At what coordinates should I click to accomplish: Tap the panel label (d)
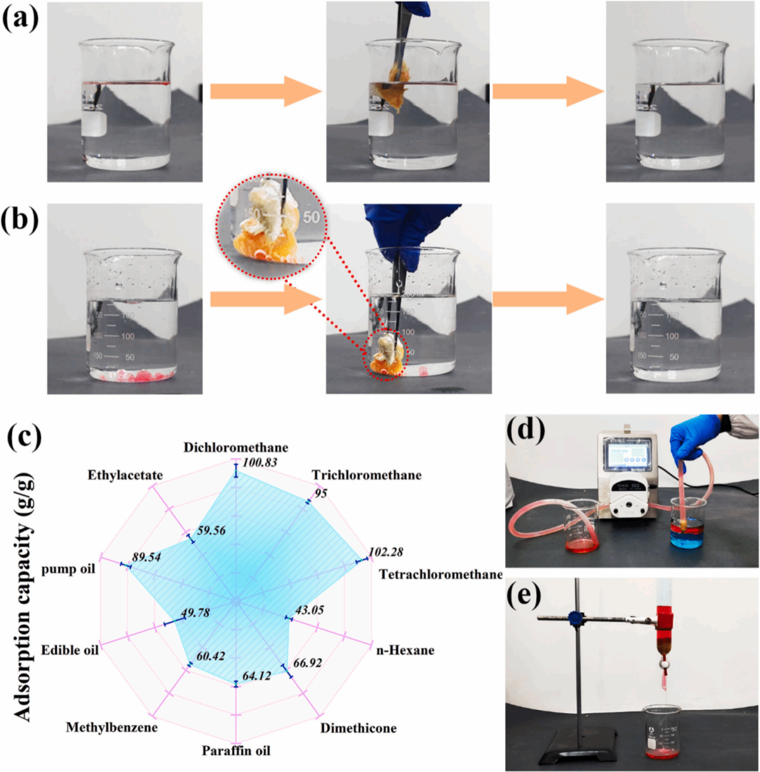525,429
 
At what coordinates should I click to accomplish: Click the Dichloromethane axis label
236,448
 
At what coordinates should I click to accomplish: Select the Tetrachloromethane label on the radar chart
440,575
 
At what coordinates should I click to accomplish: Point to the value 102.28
385,552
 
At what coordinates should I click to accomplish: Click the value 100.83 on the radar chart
260,462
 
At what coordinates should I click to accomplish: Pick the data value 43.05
309,610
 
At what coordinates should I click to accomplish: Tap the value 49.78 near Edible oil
195,613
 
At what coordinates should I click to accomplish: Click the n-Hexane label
405,651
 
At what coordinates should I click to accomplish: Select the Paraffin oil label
236,750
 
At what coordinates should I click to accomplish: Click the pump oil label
68,569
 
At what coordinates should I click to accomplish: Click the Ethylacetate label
125,475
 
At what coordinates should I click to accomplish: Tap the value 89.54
147,557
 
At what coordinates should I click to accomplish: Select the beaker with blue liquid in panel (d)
688,524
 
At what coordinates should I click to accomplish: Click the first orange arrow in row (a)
266,92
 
